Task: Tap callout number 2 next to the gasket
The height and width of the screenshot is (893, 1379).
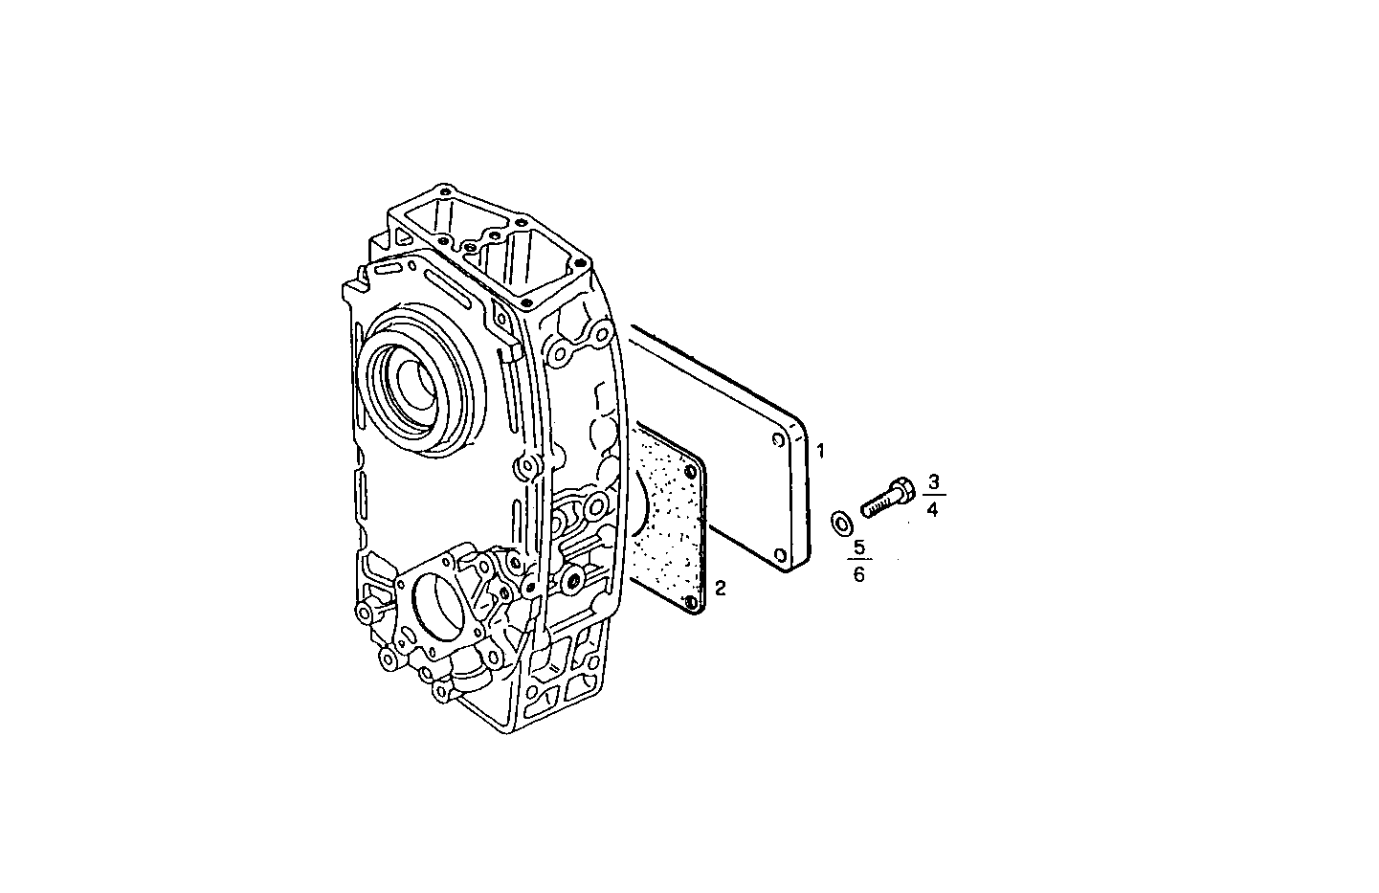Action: (x=720, y=588)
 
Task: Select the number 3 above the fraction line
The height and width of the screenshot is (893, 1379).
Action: (x=934, y=481)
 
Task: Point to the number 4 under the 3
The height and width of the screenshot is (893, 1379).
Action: (x=933, y=509)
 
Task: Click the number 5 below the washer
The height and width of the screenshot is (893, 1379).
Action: (x=858, y=547)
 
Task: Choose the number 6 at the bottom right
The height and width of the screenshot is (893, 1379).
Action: (x=858, y=574)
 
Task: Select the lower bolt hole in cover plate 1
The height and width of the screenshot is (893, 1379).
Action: (x=781, y=555)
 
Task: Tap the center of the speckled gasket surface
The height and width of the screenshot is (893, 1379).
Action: (x=670, y=522)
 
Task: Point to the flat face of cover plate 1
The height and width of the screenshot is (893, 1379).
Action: (x=727, y=450)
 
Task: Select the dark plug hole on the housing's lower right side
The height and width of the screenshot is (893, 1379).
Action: (x=572, y=581)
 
